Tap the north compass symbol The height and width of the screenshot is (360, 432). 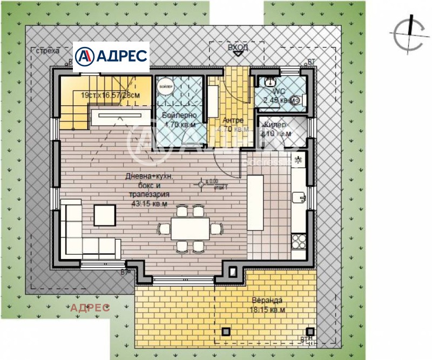pos(408,33)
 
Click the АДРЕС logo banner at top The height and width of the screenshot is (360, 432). pos(111,56)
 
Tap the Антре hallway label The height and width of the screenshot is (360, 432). pos(233,120)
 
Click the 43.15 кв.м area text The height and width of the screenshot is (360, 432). pos(148,204)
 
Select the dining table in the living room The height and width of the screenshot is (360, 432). pos(190,229)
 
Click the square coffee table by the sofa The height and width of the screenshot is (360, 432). pos(105,214)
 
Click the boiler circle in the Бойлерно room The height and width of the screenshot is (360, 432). pos(165,86)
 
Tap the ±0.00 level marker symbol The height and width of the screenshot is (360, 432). pos(200,185)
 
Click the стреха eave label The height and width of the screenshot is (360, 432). pos(46,51)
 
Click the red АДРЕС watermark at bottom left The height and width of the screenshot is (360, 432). pos(90,308)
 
